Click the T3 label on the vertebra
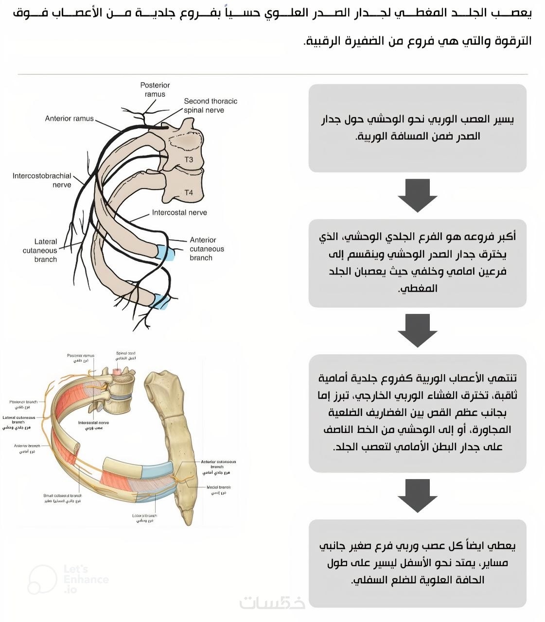[x=189, y=159]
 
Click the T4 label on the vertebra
[x=189, y=192]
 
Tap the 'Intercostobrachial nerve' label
[x=42, y=180]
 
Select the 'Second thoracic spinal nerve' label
[x=210, y=105]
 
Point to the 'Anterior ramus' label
[x=69, y=119]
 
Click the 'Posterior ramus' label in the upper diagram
[x=155, y=89]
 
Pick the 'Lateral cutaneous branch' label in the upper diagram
[x=40, y=250]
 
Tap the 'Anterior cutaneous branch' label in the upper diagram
[x=206, y=249]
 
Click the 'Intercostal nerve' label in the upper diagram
[x=179, y=212]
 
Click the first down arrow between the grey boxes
[x=417, y=195]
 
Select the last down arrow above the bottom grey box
[x=417, y=495]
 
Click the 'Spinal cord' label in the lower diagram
[x=125, y=355]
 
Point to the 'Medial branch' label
[x=218, y=489]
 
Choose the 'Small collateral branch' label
[x=62, y=498]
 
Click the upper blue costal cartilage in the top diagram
[x=165, y=253]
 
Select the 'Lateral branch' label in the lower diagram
[x=144, y=518]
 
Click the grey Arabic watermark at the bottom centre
[x=272, y=602]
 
